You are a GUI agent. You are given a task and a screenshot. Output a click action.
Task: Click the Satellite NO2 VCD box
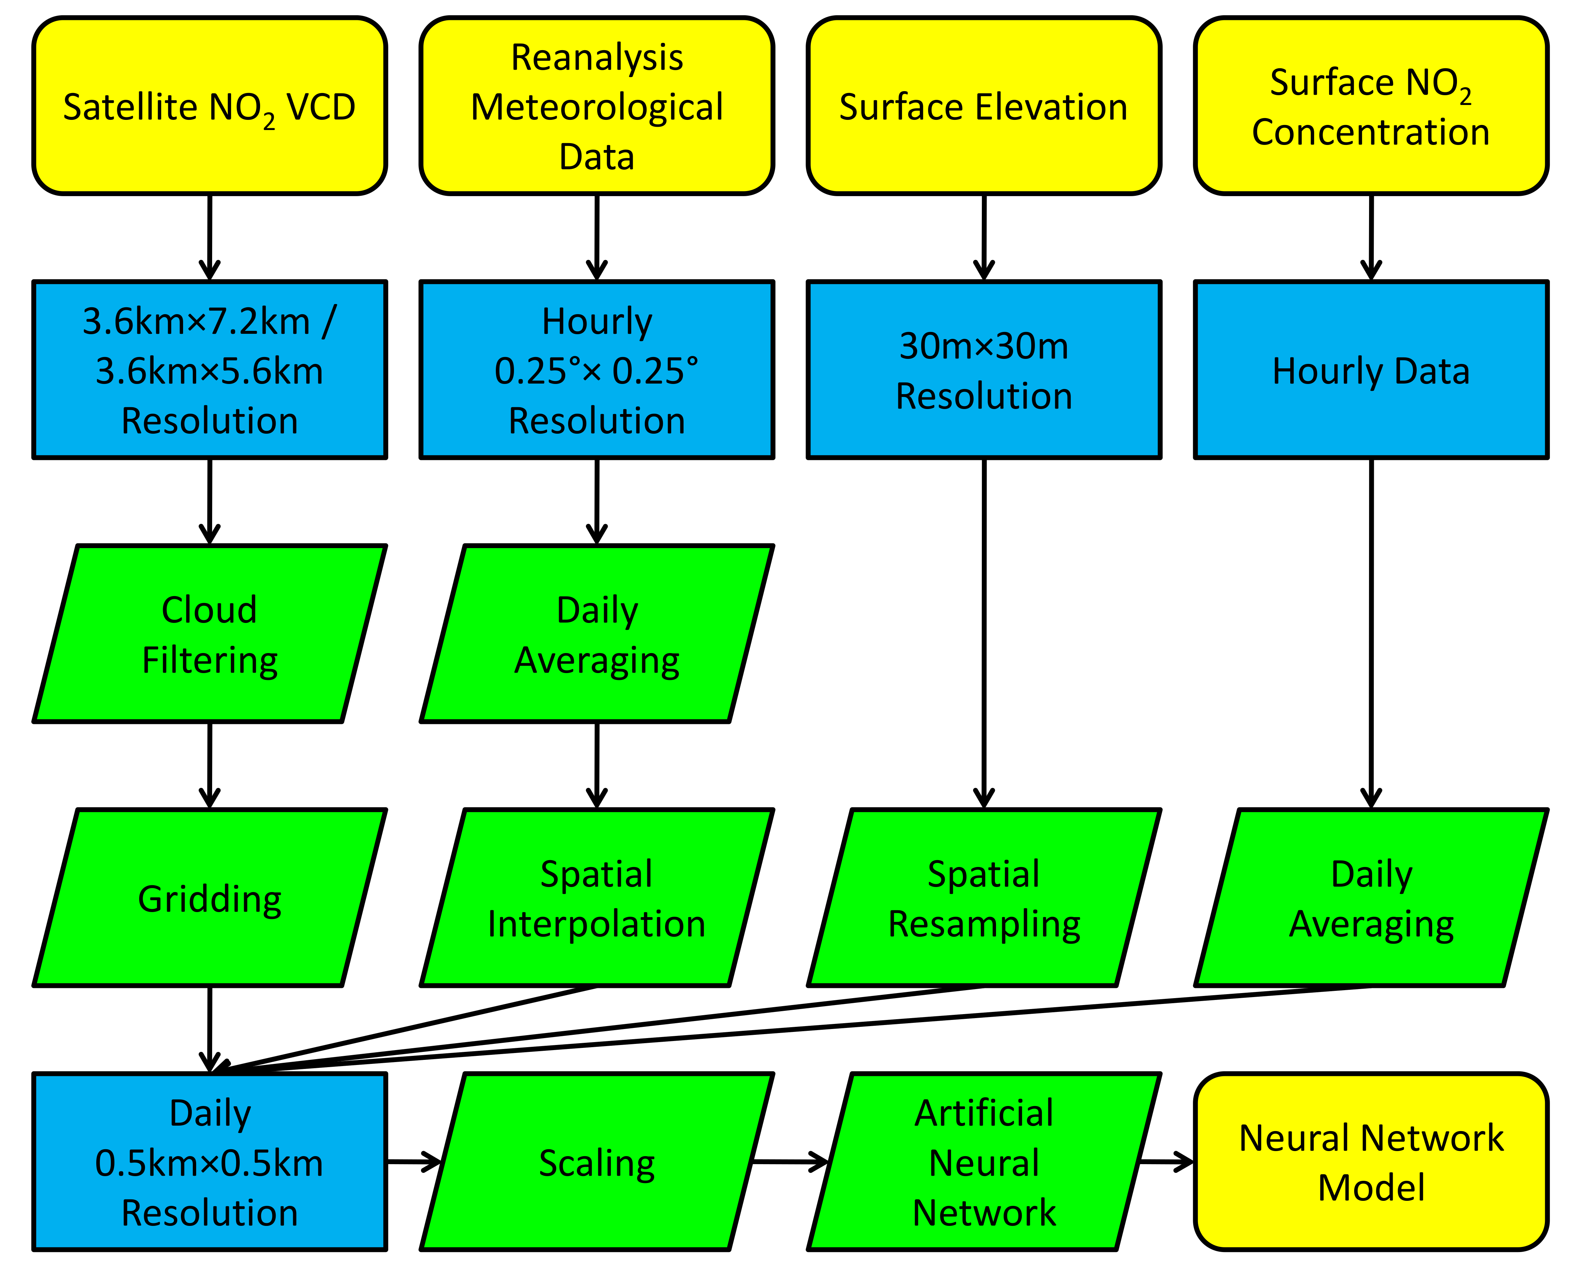210,106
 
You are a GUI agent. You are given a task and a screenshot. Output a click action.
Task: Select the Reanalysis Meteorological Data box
596,106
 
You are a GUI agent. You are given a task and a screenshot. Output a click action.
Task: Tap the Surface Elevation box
984,106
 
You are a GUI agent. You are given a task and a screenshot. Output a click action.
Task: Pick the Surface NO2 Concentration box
1371,106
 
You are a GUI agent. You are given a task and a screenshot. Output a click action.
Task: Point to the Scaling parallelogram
596,1162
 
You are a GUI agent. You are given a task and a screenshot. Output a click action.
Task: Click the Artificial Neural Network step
984,1162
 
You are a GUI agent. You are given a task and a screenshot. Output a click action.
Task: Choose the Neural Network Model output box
1371,1162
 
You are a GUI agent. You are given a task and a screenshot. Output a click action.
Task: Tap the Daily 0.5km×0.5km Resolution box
210,1162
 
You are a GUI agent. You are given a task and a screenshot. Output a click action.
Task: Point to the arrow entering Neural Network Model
1166,1162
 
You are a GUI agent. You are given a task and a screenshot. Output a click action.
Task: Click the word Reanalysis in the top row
596,57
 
